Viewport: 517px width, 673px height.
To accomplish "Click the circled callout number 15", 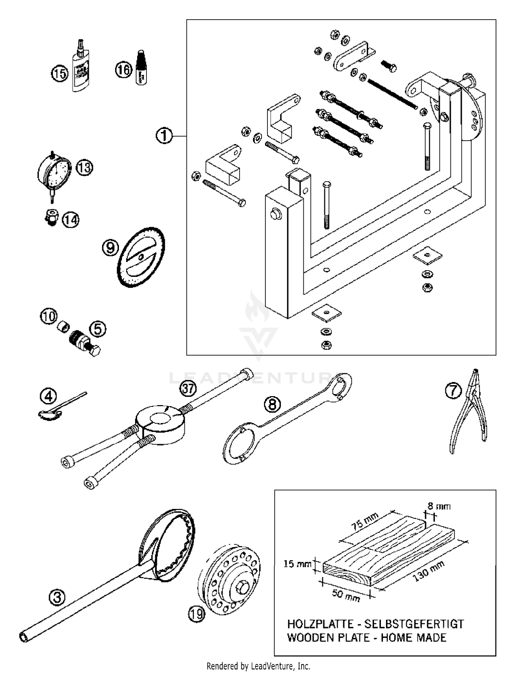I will (60, 73).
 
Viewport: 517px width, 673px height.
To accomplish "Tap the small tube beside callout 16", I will (141, 68).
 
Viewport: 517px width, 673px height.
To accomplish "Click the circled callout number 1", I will (164, 135).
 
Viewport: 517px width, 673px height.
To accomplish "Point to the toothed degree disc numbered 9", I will (141, 257).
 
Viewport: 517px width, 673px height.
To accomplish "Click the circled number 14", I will (71, 220).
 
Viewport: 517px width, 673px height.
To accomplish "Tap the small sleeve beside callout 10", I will (63, 326).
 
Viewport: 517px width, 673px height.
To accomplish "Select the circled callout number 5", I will (98, 329).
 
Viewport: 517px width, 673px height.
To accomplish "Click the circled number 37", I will (188, 389).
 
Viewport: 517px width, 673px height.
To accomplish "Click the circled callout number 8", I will (272, 404).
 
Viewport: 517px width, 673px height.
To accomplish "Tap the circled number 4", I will (49, 396).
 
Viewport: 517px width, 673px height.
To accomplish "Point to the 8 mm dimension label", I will (439, 506).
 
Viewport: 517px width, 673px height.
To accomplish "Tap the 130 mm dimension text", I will (428, 571).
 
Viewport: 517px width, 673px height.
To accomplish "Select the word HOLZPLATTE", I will (320, 624).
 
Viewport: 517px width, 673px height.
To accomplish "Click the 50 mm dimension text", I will (345, 595).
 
